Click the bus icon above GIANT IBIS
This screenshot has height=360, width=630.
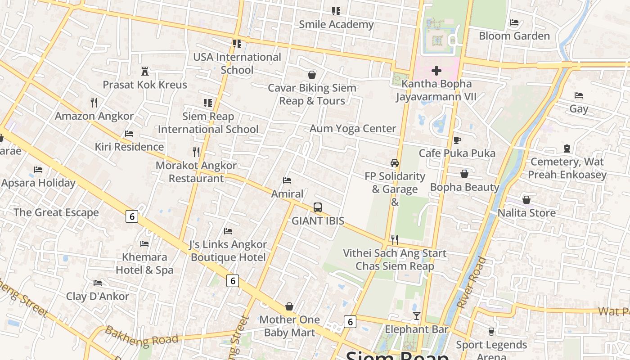pos(318,207)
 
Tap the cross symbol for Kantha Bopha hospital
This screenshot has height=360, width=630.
pos(436,71)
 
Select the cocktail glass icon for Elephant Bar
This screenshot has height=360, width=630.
pos(417,316)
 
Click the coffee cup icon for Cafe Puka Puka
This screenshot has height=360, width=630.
pos(457,140)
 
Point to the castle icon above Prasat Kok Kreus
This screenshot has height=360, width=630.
pos(145,71)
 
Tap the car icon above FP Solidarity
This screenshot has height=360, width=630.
pos(395,162)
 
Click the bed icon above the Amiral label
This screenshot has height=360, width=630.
pos(287,180)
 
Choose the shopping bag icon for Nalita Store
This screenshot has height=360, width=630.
pos(526,199)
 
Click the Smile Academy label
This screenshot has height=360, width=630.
pos(336,24)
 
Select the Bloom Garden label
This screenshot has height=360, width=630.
pos(514,36)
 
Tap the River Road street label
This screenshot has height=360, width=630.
pos(471,283)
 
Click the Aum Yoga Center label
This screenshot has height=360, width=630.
pos(353,129)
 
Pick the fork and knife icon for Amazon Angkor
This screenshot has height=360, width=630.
pos(94,103)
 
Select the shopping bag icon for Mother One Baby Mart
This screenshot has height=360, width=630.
pos(289,306)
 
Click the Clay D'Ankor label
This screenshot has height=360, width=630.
pos(97,297)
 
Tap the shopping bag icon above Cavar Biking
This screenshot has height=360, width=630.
pos(311,74)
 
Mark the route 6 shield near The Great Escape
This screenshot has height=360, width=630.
pos(131,217)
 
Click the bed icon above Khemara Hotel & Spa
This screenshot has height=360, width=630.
pos(144,244)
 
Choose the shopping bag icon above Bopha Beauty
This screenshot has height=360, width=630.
pos(464,174)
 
